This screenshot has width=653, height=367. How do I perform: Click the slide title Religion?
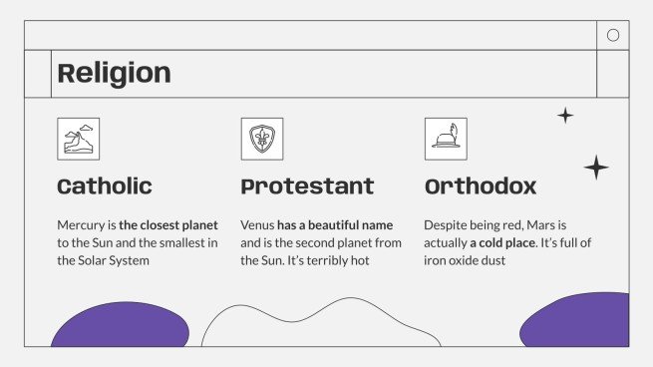click(x=114, y=73)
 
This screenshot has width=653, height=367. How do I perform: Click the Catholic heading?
click(x=105, y=186)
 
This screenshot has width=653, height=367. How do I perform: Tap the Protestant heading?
click(x=307, y=186)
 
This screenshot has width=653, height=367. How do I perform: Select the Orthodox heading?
click(x=481, y=186)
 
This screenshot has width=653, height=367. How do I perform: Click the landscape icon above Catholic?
click(x=78, y=139)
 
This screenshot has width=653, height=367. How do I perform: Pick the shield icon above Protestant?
click(x=261, y=139)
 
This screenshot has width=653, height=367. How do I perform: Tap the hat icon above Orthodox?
click(x=445, y=139)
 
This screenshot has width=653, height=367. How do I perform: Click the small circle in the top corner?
click(x=613, y=35)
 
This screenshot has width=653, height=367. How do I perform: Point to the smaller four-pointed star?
click(x=565, y=116)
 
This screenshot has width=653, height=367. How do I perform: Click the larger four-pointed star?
click(x=596, y=167)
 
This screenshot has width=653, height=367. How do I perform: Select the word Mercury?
click(x=81, y=225)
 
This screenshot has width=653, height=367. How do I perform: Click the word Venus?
click(x=257, y=225)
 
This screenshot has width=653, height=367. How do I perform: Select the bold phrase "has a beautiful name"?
click(x=335, y=225)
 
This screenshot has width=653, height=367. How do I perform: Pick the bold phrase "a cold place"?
click(x=502, y=243)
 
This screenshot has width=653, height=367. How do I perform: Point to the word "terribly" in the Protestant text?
click(x=339, y=261)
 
